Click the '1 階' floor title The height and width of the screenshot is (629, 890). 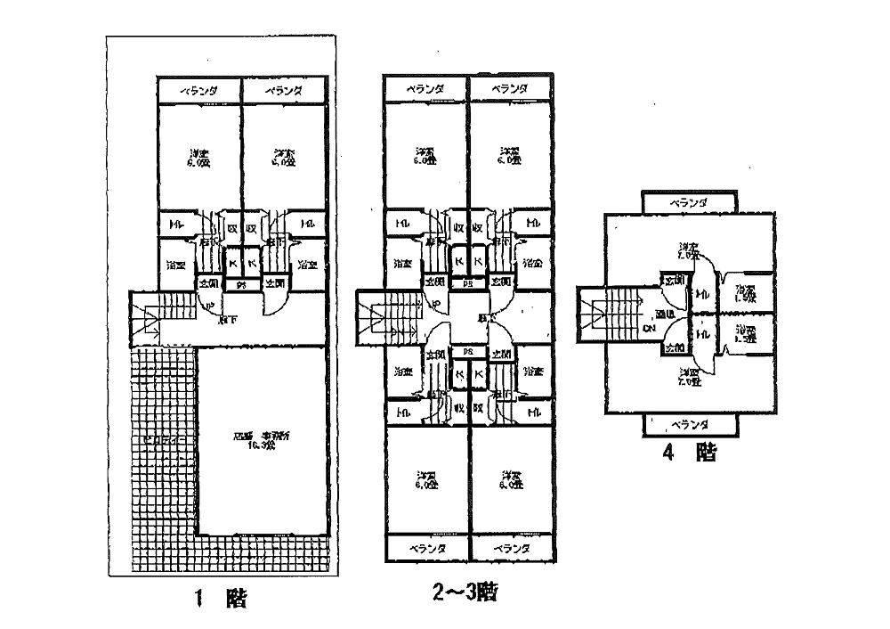pyautogui.click(x=219, y=599)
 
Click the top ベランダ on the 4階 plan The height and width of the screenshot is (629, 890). pyautogui.click(x=688, y=203)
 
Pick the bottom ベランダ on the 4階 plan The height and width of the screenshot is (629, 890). pyautogui.click(x=688, y=424)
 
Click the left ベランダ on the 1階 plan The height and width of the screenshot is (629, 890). pyautogui.click(x=199, y=91)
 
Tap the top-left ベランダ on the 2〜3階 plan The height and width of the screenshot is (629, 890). pyautogui.click(x=425, y=89)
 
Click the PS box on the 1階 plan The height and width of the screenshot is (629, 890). pyautogui.click(x=239, y=285)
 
